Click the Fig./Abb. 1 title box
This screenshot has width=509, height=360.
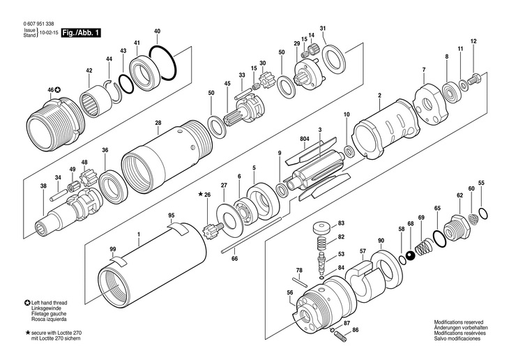tap(80, 33)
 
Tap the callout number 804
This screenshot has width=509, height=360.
tap(305, 139)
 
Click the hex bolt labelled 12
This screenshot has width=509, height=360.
tap(473, 80)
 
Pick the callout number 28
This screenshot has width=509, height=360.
tap(158, 123)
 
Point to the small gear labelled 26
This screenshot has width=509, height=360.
tap(213, 230)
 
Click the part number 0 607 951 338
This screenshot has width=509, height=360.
tap(38, 24)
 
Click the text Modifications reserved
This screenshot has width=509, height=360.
tap(459, 322)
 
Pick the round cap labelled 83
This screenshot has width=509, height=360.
tap(322, 227)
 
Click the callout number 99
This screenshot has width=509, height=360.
tap(113, 249)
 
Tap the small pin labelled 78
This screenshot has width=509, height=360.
tap(300, 282)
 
